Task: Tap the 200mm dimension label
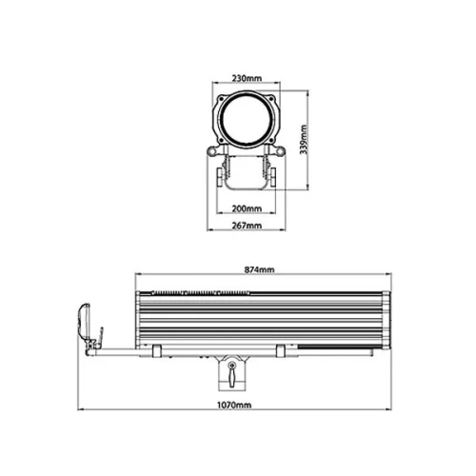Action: [x=246, y=208]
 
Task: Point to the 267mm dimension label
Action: [x=246, y=227]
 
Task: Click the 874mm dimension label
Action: [x=259, y=270]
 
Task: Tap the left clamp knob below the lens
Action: [x=220, y=177]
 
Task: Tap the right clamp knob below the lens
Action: [x=273, y=177]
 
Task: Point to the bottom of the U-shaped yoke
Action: [x=247, y=190]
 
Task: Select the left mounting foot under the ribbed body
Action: [x=152, y=351]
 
